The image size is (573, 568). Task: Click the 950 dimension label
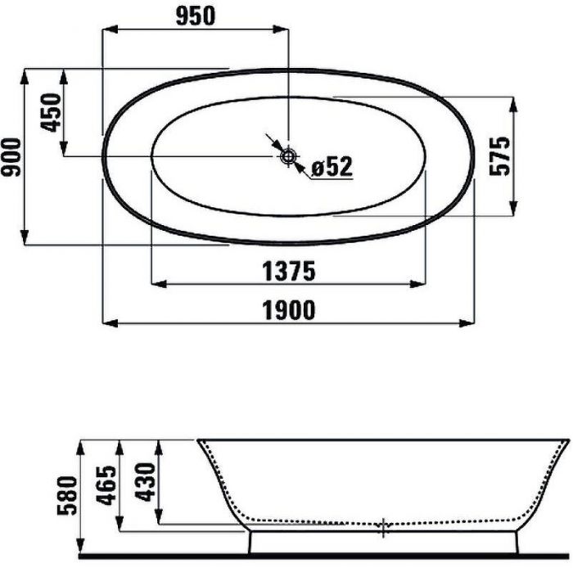pyautogui.click(x=196, y=16)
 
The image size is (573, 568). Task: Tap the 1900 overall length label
pyautogui.click(x=288, y=310)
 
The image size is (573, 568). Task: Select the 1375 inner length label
pyautogui.click(x=288, y=271)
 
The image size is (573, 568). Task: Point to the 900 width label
pyautogui.click(x=11, y=156)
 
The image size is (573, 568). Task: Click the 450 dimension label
pyautogui.click(x=50, y=112)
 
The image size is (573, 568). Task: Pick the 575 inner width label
pyautogui.click(x=499, y=156)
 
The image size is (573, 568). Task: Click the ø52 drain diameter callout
pyautogui.click(x=332, y=167)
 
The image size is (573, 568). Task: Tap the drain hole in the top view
pyautogui.click(x=288, y=156)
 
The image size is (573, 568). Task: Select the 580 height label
pyautogui.click(x=68, y=495)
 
